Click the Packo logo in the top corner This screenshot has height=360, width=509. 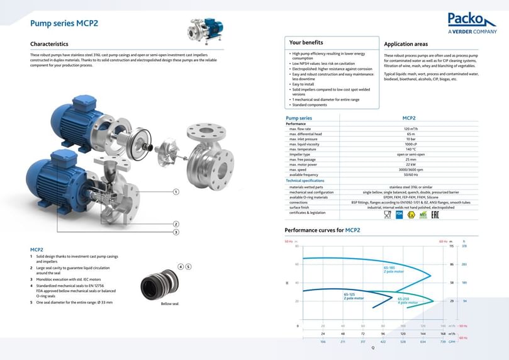pos(472,22)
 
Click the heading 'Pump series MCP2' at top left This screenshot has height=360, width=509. pos(64,24)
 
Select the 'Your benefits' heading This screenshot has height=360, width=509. pos(306,43)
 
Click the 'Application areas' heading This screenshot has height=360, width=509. pos(406,44)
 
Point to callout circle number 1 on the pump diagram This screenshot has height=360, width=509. pos(176,191)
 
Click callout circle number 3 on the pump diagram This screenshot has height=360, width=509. pos(176,232)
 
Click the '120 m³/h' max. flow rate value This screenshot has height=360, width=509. pos(411,129)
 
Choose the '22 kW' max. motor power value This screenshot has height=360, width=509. pos(411,164)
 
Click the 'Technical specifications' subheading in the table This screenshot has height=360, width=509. pos(306,181)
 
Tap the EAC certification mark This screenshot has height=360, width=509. pos(434,215)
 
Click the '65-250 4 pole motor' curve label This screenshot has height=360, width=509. pos(407,300)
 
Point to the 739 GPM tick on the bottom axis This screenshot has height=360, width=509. pos(443,341)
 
